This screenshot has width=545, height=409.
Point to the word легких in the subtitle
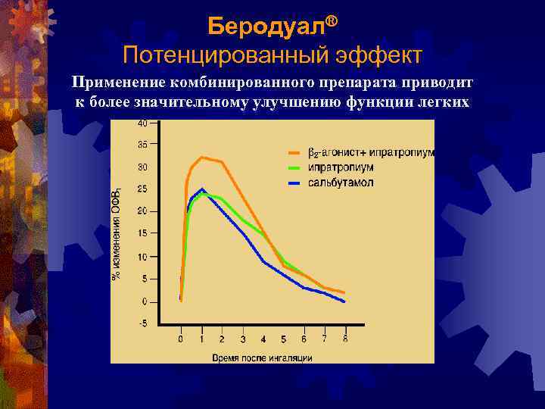(x=437, y=101)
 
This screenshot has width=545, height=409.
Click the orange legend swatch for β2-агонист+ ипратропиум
(x=295, y=153)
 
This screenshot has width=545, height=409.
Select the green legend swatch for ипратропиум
(x=295, y=167)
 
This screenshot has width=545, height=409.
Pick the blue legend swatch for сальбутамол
(x=295, y=183)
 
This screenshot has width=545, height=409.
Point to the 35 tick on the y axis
(x=143, y=143)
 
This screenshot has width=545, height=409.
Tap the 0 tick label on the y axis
(x=145, y=301)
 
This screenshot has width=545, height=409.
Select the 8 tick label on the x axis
(x=345, y=339)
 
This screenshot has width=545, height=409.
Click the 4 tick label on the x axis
(x=263, y=339)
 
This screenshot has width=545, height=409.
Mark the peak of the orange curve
(x=201, y=157)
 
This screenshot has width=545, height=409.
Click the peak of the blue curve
(x=201, y=189)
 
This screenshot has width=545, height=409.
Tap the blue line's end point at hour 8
(x=344, y=301)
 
